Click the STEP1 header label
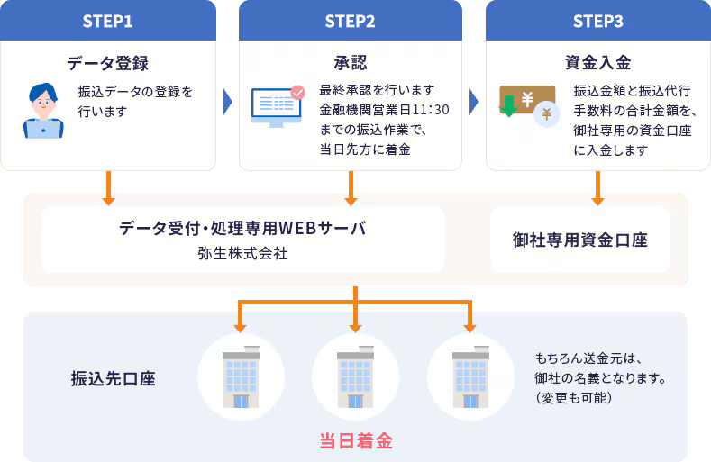108,20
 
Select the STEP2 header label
351,20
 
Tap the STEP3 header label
597,20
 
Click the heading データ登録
108,63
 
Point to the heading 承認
351,63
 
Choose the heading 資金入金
597,63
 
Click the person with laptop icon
43,110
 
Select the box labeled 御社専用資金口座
580,240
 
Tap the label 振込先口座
113,378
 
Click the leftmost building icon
241,377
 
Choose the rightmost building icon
469,377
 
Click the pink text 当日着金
356,441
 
